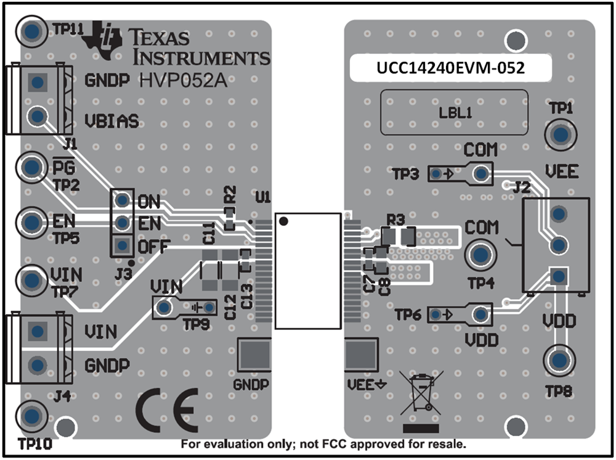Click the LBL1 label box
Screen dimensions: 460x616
[x=454, y=113]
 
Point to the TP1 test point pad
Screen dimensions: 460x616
[x=561, y=134]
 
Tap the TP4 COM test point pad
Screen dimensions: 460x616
[x=480, y=254]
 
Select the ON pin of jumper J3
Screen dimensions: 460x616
[x=123, y=200]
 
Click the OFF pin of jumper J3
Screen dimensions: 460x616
[x=123, y=245]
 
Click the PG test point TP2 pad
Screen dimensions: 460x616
[x=30, y=166]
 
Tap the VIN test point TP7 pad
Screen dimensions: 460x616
[x=30, y=281]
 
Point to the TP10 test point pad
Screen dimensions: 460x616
[x=30, y=416]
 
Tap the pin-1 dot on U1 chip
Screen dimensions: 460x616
[x=283, y=221]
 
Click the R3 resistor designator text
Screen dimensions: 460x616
[x=395, y=219]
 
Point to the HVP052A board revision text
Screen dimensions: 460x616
[x=182, y=81]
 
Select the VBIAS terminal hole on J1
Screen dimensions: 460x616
[x=38, y=115]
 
